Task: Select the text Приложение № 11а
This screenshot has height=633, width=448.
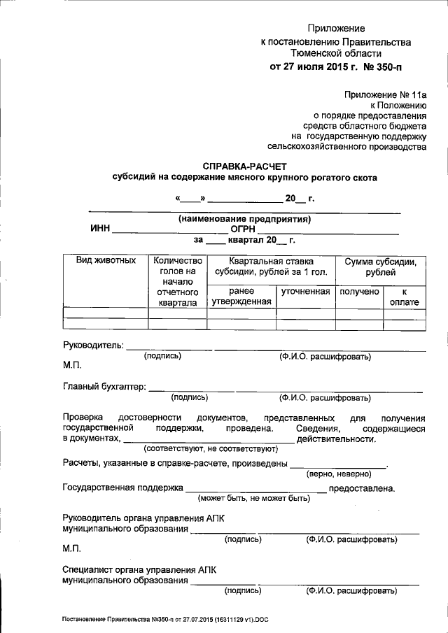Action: (x=384, y=92)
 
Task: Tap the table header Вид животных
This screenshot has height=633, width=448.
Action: (x=105, y=261)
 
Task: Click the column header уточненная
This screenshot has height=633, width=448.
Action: (x=305, y=291)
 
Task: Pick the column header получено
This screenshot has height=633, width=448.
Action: (x=359, y=291)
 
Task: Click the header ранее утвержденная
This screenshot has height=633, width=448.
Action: (x=241, y=296)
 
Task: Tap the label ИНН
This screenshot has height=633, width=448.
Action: (x=100, y=228)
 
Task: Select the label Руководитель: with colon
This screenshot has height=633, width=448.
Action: (x=94, y=345)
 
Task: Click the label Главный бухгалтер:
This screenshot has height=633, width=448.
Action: (x=104, y=386)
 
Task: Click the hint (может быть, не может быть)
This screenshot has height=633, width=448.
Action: (x=253, y=498)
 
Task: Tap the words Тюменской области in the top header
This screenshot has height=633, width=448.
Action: (x=336, y=53)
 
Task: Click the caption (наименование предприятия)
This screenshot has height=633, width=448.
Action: (x=244, y=218)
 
